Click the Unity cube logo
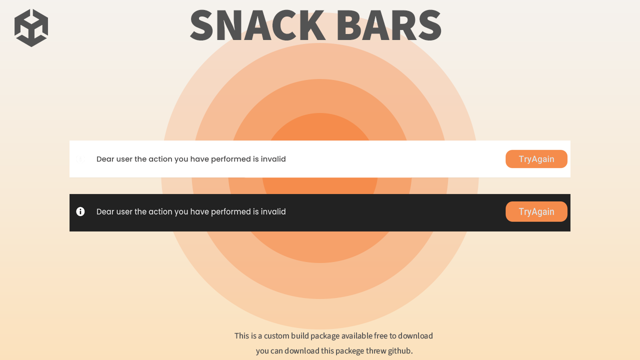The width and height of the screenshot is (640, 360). (31, 28)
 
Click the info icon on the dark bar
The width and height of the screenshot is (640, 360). (80, 211)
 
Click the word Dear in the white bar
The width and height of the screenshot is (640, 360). (105, 159)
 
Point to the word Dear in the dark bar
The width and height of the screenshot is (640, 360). (105, 211)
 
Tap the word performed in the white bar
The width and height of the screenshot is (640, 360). (230, 159)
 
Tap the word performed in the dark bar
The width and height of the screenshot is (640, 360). (230, 211)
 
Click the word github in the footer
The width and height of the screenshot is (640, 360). (399, 350)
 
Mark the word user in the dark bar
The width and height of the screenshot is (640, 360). (124, 211)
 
